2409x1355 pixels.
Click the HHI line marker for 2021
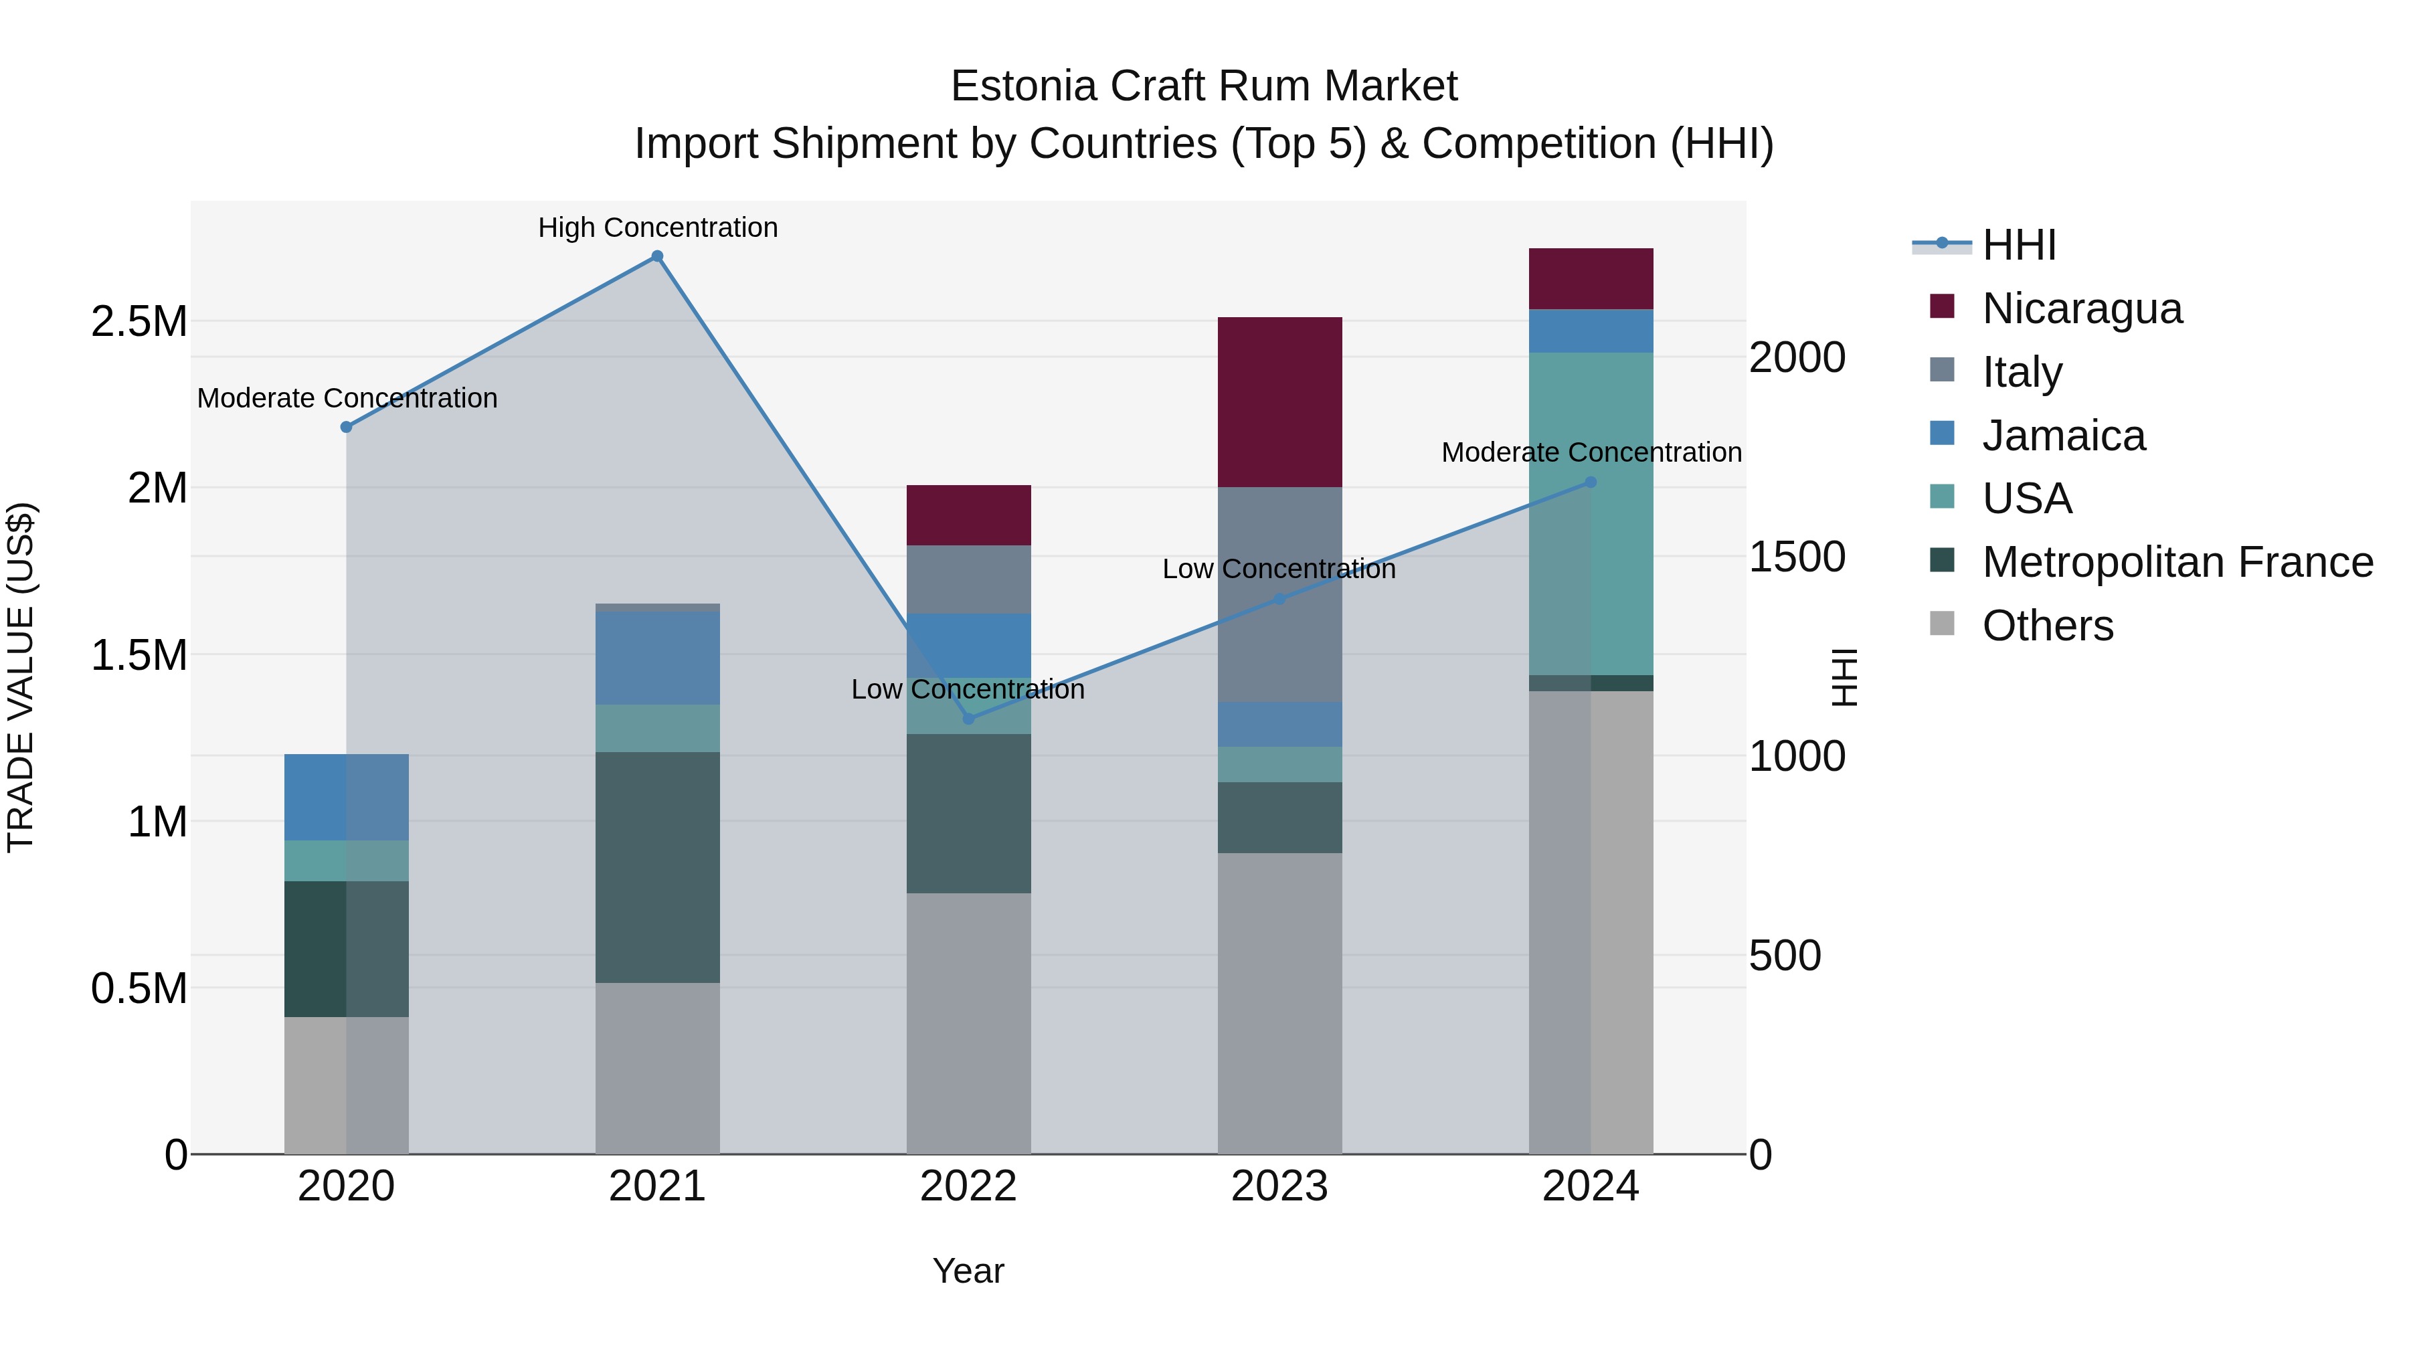657,256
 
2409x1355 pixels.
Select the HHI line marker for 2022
969,718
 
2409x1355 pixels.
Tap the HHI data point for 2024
1591,482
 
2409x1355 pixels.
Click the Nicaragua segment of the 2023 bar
1279,402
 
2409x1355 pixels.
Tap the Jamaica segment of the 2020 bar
346,797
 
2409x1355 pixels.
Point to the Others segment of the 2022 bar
969,1023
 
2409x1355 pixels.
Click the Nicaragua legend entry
2082,308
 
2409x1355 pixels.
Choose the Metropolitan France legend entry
2177,562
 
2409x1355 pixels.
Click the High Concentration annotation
657,228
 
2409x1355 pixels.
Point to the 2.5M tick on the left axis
139,322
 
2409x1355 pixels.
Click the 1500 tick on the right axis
1797,557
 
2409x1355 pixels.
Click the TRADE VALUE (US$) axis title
21,677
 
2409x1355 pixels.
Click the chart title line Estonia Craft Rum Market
1204,86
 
